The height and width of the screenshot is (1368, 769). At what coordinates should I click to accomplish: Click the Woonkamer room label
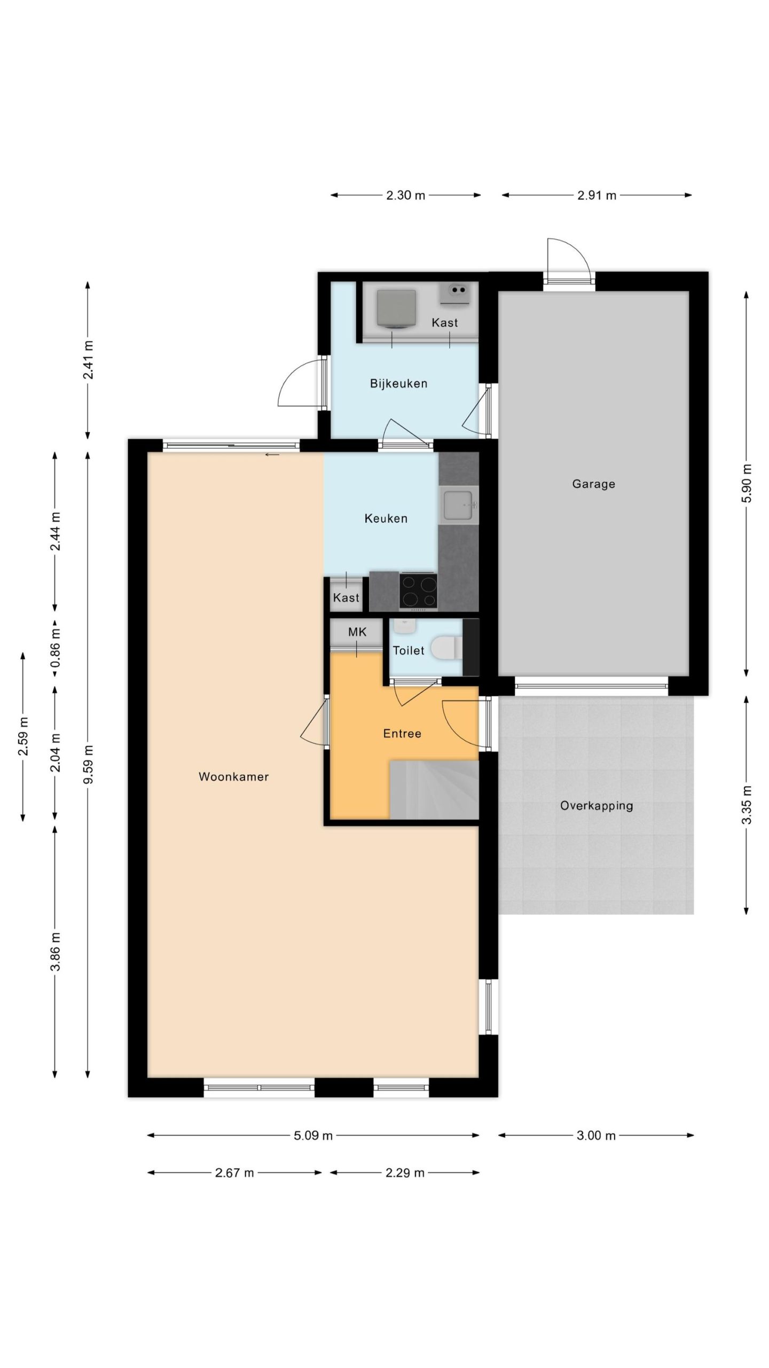pyautogui.click(x=233, y=776)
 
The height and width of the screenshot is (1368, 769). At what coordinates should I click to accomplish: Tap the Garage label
pyautogui.click(x=593, y=484)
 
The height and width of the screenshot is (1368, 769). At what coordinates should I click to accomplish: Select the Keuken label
pyautogui.click(x=386, y=518)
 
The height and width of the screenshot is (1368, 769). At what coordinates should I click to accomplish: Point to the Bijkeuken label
pyautogui.click(x=398, y=384)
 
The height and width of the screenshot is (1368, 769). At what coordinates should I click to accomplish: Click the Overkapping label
pyautogui.click(x=597, y=806)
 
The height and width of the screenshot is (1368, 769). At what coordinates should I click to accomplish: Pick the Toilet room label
pyautogui.click(x=409, y=650)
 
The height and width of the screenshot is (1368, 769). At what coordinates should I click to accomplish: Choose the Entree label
pyautogui.click(x=402, y=734)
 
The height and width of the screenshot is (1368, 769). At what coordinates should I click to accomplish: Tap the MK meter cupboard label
pyautogui.click(x=357, y=632)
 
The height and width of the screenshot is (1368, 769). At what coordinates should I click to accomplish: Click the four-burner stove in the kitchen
pyautogui.click(x=418, y=590)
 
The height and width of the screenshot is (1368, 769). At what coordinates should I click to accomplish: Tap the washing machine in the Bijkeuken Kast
pyautogui.click(x=396, y=308)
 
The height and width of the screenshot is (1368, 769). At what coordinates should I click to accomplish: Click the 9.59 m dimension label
pyautogui.click(x=88, y=764)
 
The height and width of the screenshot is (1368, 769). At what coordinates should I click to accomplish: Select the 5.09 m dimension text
pyautogui.click(x=313, y=1136)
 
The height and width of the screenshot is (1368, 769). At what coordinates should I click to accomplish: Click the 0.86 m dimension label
pyautogui.click(x=55, y=647)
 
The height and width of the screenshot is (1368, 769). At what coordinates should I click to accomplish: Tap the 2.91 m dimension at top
pyautogui.click(x=597, y=196)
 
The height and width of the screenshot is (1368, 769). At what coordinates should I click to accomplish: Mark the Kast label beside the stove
pyautogui.click(x=346, y=597)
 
